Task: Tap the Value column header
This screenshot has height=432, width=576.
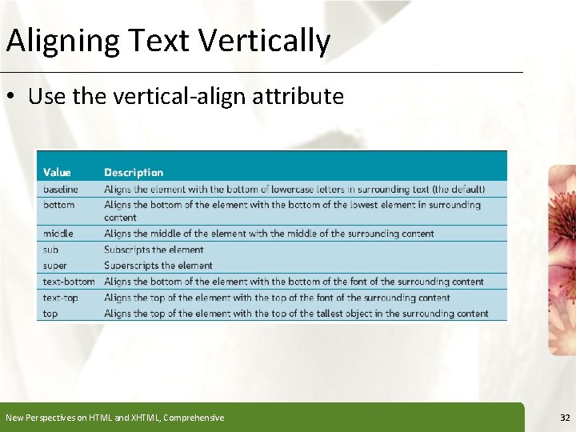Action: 57,172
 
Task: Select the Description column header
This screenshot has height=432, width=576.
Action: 134,172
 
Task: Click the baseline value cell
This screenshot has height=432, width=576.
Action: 61,190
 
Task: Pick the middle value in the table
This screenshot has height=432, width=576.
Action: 58,234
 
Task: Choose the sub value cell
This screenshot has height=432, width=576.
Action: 50,250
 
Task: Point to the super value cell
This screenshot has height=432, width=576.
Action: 55,266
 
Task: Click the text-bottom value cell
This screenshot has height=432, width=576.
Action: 69,282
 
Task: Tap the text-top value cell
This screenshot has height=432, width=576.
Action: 60,298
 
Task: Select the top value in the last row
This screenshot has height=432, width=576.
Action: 50,314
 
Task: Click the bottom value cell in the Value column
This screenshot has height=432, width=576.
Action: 58,205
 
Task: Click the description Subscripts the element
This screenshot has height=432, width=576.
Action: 154,250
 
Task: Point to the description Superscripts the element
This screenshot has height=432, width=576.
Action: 158,266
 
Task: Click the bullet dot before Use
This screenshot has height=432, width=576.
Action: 11,98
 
